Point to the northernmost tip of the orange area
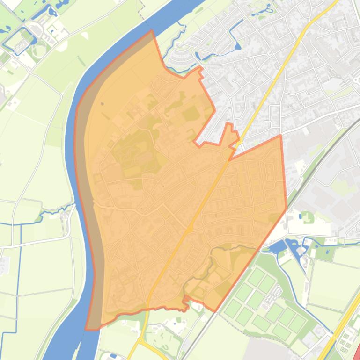point(151,31)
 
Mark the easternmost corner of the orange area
point(287,209)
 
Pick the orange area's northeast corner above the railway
point(280,136)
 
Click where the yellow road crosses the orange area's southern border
point(148,309)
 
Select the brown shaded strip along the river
point(87,187)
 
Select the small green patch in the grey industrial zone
point(307,216)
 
